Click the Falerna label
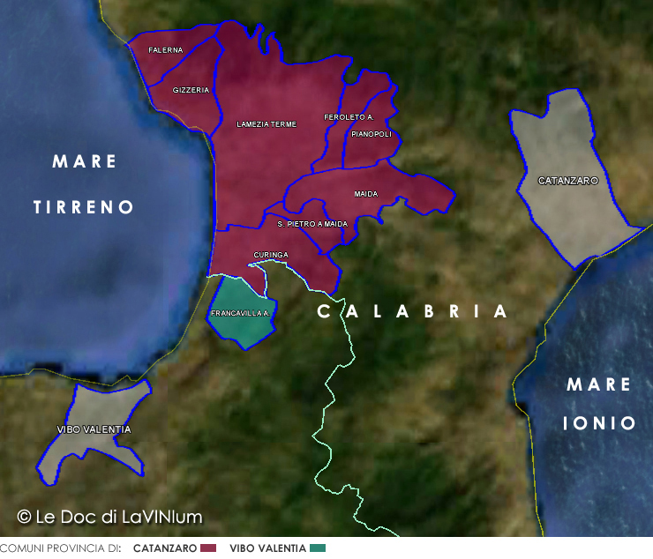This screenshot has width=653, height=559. pyautogui.click(x=166, y=50)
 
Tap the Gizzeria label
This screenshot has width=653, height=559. pyautogui.click(x=191, y=90)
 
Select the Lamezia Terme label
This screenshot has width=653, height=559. pyautogui.click(x=266, y=124)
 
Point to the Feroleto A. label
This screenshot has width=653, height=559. pyautogui.click(x=349, y=117)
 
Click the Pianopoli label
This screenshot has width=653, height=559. pyautogui.click(x=371, y=134)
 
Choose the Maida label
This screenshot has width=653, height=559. pyautogui.click(x=366, y=193)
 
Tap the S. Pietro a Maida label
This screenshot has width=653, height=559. pyautogui.click(x=312, y=224)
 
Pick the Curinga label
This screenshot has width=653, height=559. pyautogui.click(x=271, y=255)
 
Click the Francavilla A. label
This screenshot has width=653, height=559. pyautogui.click(x=240, y=313)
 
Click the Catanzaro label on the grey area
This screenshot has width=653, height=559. pyautogui.click(x=568, y=181)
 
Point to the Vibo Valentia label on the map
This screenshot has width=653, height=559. pyautogui.click(x=93, y=429)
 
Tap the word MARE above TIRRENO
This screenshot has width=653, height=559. pyautogui.click(x=85, y=161)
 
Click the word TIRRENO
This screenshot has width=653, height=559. pyautogui.click(x=84, y=207)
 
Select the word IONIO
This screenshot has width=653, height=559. pyautogui.click(x=599, y=424)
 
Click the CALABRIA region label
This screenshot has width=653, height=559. pyautogui.click(x=413, y=311)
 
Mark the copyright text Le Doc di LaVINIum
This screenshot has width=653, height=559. pyautogui.click(x=110, y=517)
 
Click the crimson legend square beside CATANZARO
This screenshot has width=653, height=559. pyautogui.click(x=208, y=548)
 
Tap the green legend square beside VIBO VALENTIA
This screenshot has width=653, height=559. pyautogui.click(x=318, y=548)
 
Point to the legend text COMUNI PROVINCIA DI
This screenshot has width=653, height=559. pyautogui.click(x=60, y=548)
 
